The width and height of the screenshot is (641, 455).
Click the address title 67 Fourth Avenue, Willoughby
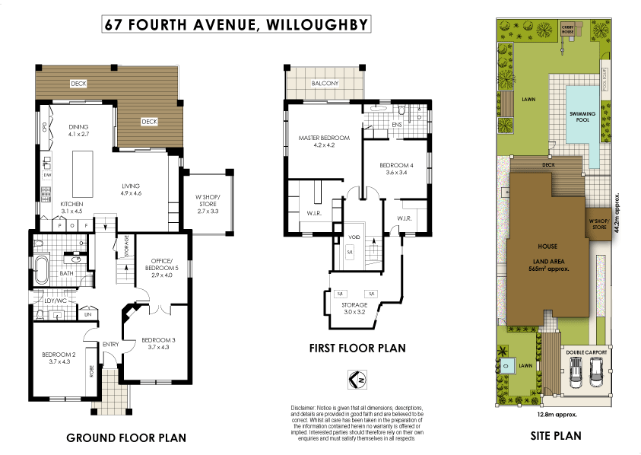coord(236,24)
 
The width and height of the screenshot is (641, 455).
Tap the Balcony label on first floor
coord(325,84)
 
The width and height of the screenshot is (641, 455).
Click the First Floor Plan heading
coord(357,348)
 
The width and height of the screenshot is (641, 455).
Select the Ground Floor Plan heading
coord(126,438)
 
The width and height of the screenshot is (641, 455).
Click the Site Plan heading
coord(556,436)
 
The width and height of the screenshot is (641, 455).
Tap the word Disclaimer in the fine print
coord(305,409)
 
